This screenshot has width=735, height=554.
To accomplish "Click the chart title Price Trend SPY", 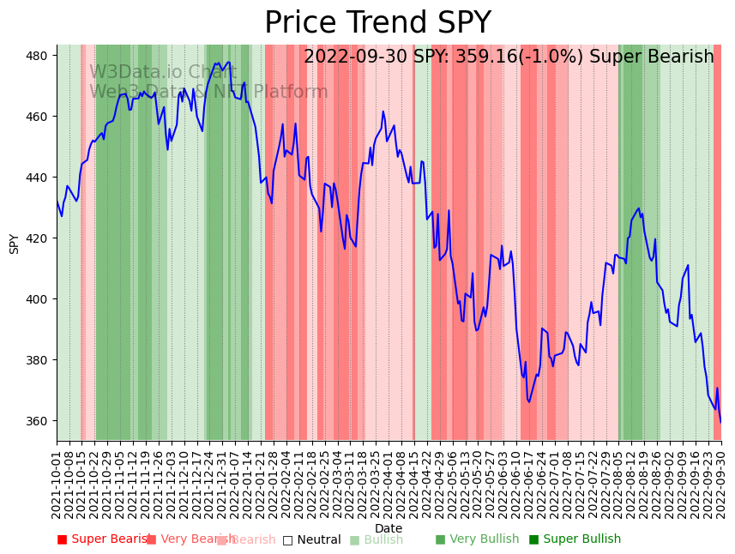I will pos(377,23).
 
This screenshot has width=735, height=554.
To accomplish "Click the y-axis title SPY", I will pos(14,243).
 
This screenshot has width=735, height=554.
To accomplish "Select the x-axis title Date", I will pos(389,528).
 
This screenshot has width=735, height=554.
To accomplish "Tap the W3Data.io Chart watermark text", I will pos(163,72).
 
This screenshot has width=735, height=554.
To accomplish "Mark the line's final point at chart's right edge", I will pos(720,422).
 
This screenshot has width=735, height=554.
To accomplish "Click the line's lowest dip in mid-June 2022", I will pos(528,401).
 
